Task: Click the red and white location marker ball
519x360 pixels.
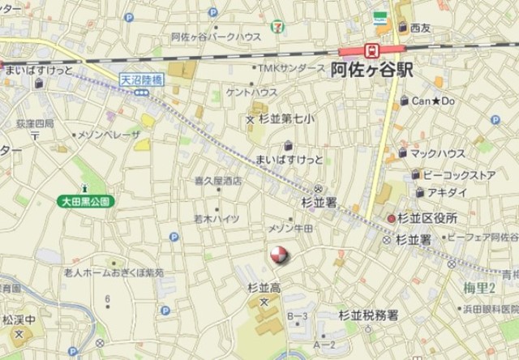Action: (x=278, y=256)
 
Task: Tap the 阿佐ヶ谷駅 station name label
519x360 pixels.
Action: (x=372, y=71)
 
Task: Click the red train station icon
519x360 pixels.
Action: (x=372, y=50)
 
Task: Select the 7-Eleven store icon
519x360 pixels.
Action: (x=278, y=27)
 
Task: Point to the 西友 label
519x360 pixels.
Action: (x=420, y=28)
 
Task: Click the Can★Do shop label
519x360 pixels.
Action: (x=434, y=101)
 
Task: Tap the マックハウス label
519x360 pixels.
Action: (x=437, y=152)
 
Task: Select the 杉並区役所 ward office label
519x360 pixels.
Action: (x=428, y=219)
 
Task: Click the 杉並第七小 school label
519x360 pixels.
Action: (x=286, y=119)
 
